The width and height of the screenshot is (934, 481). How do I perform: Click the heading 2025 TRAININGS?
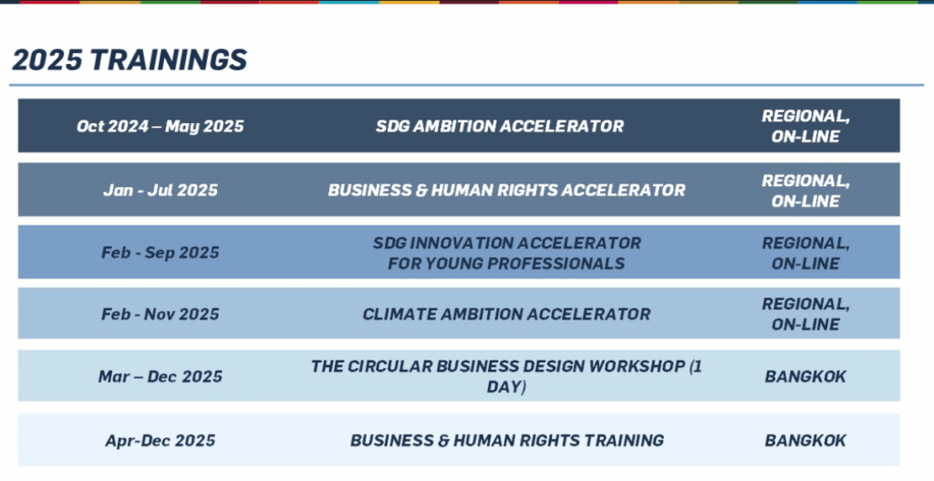coord(130,59)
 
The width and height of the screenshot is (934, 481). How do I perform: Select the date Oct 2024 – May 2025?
coord(161,126)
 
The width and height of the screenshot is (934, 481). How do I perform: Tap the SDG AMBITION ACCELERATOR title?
coord(500,126)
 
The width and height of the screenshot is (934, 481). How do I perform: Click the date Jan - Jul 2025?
coord(161,190)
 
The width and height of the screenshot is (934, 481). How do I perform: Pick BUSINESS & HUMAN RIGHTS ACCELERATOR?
coord(506,190)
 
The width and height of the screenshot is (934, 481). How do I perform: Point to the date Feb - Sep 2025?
coord(161,252)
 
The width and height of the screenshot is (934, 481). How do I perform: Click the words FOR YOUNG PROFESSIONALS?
coord(506,263)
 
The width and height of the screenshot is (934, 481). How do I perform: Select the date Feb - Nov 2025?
coord(161,314)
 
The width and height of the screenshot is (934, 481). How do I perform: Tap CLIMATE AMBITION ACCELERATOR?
coord(506,314)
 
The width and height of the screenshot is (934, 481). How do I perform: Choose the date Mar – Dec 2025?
coord(161,377)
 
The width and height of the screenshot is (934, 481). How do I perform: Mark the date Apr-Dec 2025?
coord(161,441)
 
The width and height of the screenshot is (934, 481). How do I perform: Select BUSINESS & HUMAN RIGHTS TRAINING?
coord(507,441)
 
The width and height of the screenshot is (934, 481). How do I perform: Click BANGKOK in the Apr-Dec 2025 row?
coord(805,441)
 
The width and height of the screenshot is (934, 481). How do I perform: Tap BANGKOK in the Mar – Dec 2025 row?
coord(805,377)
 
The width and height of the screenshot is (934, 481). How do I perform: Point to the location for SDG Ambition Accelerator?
coord(805,126)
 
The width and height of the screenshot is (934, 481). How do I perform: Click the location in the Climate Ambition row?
coord(805,314)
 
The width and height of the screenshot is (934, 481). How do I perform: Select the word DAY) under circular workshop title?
coord(506,387)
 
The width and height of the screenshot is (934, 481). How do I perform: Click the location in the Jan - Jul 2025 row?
coord(805,190)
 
